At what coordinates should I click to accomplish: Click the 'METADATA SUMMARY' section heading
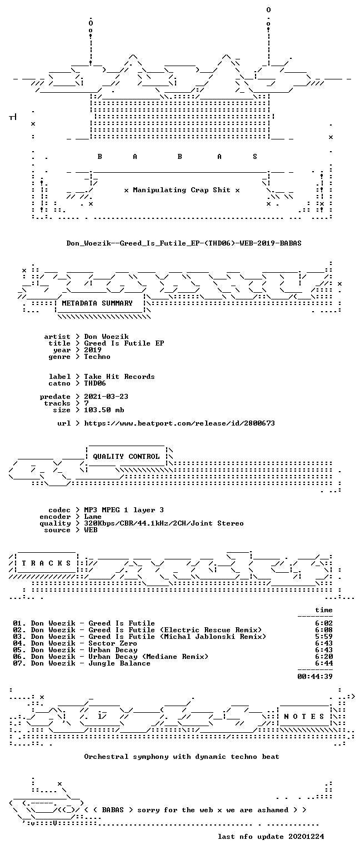point(97,303)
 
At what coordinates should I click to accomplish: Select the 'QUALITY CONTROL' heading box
point(126,457)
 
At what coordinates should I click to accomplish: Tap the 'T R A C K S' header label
point(47,563)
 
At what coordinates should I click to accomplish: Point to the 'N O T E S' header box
point(304,717)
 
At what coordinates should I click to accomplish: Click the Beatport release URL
point(179,423)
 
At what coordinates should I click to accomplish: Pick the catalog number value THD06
point(95,383)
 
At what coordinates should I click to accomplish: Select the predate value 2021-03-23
point(106,397)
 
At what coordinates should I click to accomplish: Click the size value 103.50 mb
point(104,410)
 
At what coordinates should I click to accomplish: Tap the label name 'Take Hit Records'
point(119,377)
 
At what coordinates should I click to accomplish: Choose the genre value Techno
point(97,357)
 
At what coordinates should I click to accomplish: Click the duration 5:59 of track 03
point(323,637)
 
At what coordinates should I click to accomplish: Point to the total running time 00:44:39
point(314,677)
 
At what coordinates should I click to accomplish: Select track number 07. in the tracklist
point(19,663)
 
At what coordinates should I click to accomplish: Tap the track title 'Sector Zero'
point(112,643)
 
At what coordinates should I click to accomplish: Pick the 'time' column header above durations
point(323,610)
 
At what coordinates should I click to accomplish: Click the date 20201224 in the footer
point(306,837)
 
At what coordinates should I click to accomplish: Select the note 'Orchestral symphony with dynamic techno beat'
point(182,757)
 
